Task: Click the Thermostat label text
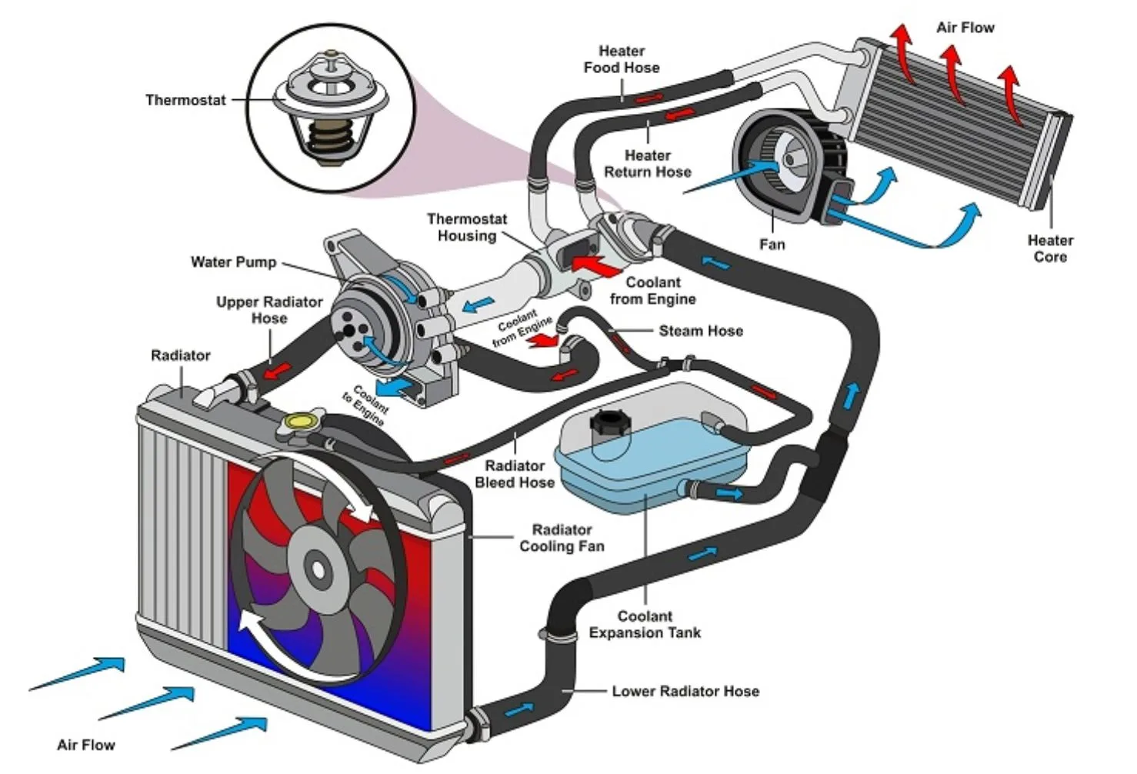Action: coord(185,100)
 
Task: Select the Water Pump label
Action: coord(233,262)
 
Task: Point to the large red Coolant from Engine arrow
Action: coord(598,265)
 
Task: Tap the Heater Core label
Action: coord(1049,249)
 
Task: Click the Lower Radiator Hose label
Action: coord(685,691)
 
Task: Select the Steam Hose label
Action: coord(700,331)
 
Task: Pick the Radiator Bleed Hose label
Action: coord(514,474)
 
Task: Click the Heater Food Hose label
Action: coord(621,59)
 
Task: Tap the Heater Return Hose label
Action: coord(647,164)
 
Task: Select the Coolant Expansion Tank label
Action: coord(645,624)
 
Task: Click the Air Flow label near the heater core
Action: coord(965,28)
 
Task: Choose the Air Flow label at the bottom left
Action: coord(85,745)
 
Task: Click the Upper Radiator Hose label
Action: coord(268,309)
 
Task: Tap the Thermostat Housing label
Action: coord(466,228)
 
